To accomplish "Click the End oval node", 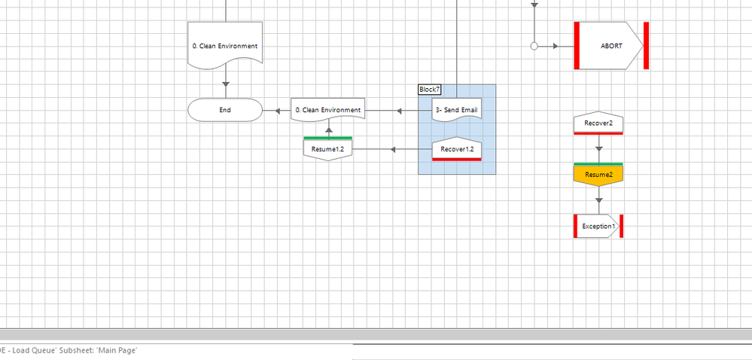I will coord(224,110).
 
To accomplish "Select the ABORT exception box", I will coord(610,46).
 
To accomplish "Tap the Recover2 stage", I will coord(598,123).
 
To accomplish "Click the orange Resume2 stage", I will coord(598,175).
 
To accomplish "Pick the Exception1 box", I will coord(598,226).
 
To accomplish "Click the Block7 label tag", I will coord(429,90).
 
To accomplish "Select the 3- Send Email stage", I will coord(456,111).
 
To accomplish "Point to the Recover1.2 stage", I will coord(456,149).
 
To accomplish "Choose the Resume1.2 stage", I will coord(327,149).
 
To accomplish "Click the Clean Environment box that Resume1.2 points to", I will coord(327,110).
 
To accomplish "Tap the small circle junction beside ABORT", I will coord(534,46).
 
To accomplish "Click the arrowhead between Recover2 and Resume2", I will coord(598,149).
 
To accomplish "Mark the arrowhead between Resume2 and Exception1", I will coord(598,200).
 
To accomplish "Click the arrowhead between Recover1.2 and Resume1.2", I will coord(392,149).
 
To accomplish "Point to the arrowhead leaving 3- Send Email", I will coord(400,111).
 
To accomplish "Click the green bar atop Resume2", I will coord(598,163).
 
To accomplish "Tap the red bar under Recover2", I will coord(598,133).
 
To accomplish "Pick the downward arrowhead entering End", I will coord(225,84).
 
